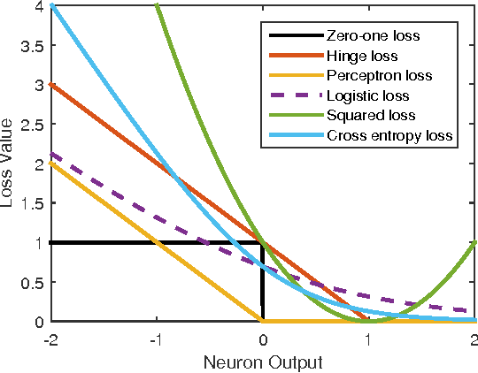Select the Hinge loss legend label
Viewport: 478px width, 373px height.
click(x=361, y=57)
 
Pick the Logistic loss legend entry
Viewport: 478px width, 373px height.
click(x=366, y=96)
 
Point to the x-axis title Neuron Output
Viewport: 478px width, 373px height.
click(x=263, y=362)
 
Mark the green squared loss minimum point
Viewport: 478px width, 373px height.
click(x=369, y=321)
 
